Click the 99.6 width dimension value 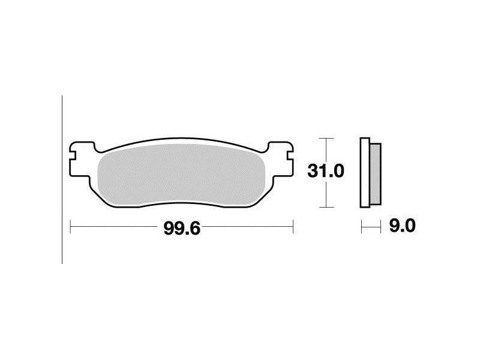[182, 229]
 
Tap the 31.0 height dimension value [326, 171]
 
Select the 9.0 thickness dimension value [402, 226]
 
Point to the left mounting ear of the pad [81, 159]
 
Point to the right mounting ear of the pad [281, 159]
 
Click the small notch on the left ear [72, 155]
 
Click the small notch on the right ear [290, 155]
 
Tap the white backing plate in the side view [365, 173]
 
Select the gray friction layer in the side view [376, 174]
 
